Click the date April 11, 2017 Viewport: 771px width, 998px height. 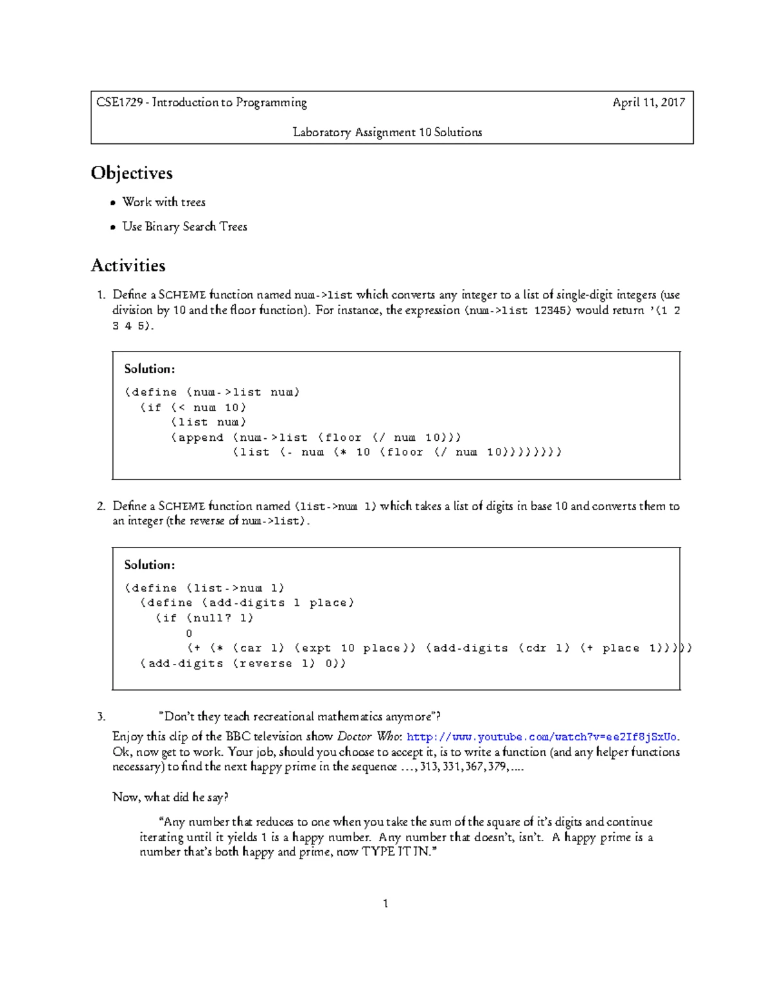(648, 102)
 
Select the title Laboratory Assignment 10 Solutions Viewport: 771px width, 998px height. (387, 132)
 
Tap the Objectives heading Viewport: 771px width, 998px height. (132, 173)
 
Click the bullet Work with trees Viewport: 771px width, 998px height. (164, 202)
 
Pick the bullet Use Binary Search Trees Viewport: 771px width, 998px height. (184, 226)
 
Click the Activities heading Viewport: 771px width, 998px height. (128, 265)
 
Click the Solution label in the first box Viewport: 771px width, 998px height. (149, 369)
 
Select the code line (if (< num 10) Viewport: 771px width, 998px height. (193, 407)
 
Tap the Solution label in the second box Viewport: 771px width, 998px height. (149, 565)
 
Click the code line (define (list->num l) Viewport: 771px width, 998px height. (204, 588)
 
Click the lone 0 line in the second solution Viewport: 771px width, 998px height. (189, 633)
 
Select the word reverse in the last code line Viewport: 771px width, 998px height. (266, 663)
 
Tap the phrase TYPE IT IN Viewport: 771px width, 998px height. (398, 852)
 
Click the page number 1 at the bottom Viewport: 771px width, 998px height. (385, 904)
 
